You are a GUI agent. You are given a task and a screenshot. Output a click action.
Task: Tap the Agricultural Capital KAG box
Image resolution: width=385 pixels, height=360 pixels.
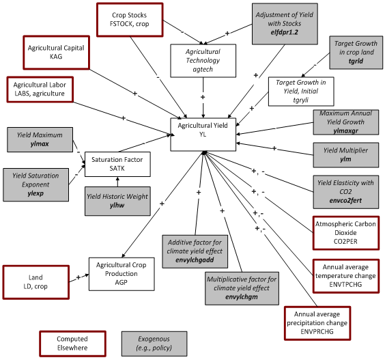pyautogui.click(x=56, y=53)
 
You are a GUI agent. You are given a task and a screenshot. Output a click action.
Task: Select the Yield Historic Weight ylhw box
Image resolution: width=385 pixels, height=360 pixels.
pyautogui.click(x=117, y=202)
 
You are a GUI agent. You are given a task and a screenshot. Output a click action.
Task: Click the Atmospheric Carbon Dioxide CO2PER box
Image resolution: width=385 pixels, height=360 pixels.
pyautogui.click(x=345, y=232)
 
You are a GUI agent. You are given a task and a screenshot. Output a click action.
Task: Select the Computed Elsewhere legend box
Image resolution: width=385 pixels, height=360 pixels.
pyautogui.click(x=72, y=343)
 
